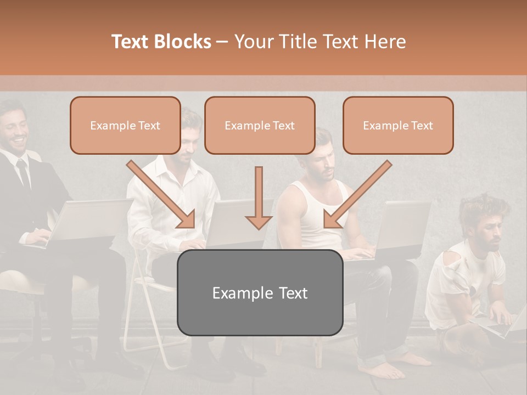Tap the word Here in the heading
tap(384, 42)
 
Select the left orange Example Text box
tap(125, 125)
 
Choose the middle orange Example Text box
tap(260, 125)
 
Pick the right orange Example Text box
tap(398, 125)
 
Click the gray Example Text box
tap(260, 292)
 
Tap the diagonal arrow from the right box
tap(357, 195)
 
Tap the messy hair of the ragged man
tap(483, 208)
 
